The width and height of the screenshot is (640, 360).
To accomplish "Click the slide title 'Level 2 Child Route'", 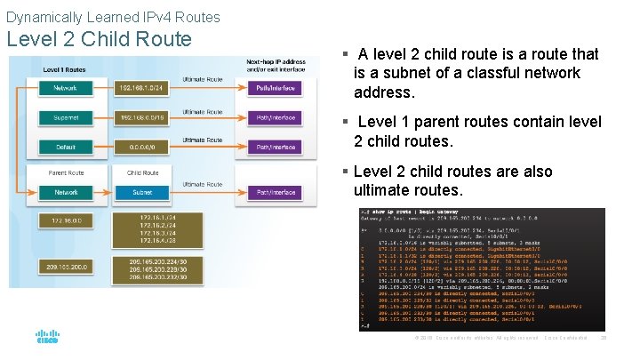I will pos(99,39).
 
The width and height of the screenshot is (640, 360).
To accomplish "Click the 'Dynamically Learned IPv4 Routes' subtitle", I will pos(113,17).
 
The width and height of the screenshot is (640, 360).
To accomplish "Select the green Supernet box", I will pos(65,117).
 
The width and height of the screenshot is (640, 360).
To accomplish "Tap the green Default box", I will pos(65,147).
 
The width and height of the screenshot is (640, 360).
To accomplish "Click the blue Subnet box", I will pos(143,192).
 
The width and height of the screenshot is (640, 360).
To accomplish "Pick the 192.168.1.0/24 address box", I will pos(143,88).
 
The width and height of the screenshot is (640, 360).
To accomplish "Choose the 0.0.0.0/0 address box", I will pos(143,147).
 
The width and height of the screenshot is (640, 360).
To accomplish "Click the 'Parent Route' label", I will pos(66,172).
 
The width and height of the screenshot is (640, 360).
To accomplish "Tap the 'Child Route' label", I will pos(143,172).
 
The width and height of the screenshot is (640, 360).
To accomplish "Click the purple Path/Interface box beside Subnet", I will pos(275,192).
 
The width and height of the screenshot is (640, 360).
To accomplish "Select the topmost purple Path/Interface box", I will pos(275,88).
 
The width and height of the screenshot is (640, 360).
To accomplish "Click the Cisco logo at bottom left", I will pos(46,337).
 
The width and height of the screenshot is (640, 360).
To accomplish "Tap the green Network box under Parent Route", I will pos(65,192).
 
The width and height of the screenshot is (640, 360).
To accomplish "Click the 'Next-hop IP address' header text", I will pos(276,60).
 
